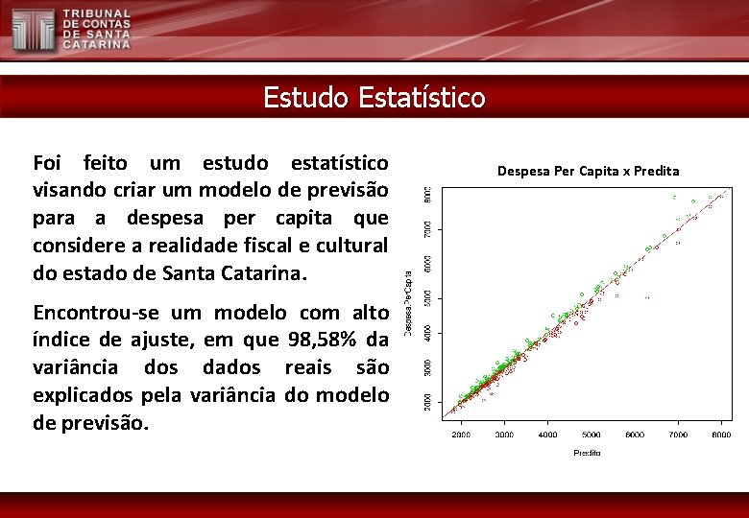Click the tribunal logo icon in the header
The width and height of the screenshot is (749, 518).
[x=33, y=30]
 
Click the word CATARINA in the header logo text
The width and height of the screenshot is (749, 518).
[x=97, y=44]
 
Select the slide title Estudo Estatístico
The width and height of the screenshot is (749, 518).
[x=374, y=97]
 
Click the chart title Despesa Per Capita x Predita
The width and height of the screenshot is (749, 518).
[x=588, y=171]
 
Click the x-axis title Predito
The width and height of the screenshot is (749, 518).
[x=588, y=452]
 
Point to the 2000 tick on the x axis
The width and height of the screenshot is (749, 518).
[x=461, y=436]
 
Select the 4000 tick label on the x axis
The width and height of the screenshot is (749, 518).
[x=547, y=436]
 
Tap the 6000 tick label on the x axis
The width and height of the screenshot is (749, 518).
[x=635, y=436]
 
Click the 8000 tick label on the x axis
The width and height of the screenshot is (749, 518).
[x=721, y=436]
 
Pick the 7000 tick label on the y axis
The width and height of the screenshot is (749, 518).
[x=428, y=229]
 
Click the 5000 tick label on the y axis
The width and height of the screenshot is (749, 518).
[x=428, y=298]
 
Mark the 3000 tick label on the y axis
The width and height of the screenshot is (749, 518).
[x=428, y=367]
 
